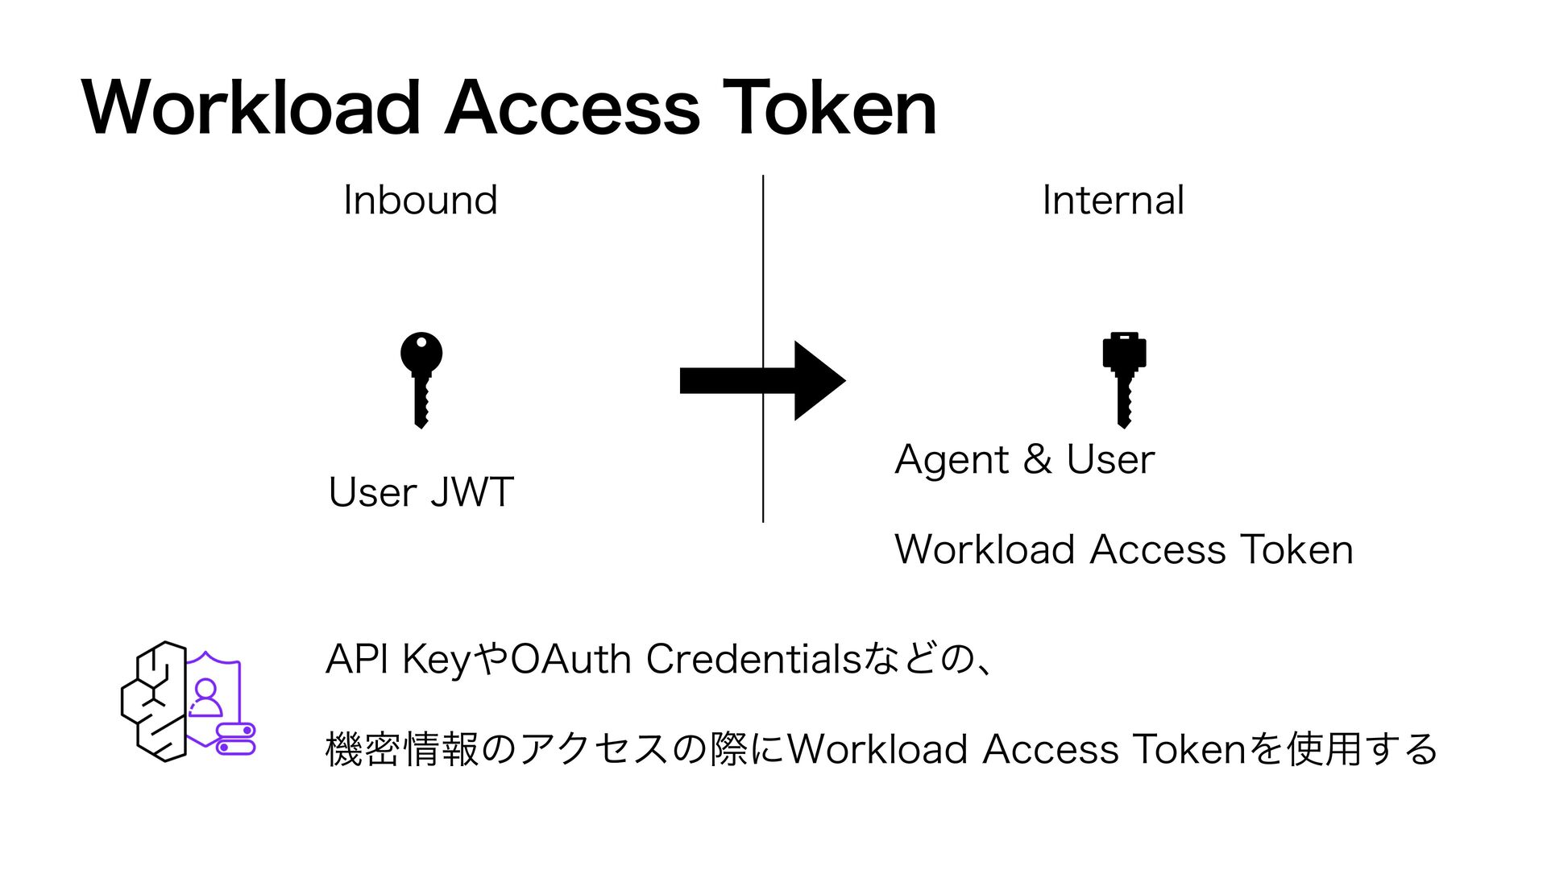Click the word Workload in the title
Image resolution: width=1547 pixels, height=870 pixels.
[251, 108]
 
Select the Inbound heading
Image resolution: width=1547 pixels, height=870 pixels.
[420, 200]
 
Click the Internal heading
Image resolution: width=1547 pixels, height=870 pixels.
[1113, 200]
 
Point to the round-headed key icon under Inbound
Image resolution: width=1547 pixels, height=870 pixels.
[421, 379]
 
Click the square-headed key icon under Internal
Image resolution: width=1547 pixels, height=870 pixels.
[1124, 379]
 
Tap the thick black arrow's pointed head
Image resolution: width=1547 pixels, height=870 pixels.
[818, 380]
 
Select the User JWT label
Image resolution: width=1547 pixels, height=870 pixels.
[421, 491]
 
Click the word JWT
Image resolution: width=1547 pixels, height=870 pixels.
[471, 491]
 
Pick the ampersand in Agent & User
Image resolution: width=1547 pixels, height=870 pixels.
[1037, 459]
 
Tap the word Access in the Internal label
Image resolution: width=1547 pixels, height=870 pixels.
[1157, 549]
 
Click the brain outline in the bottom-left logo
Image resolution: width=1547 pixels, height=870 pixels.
[153, 701]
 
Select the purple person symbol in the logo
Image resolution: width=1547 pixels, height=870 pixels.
[205, 698]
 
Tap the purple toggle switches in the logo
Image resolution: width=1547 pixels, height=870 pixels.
[236, 739]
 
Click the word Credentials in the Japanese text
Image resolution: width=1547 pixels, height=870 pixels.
[753, 659]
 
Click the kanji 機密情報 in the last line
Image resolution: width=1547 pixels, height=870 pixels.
[402, 748]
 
